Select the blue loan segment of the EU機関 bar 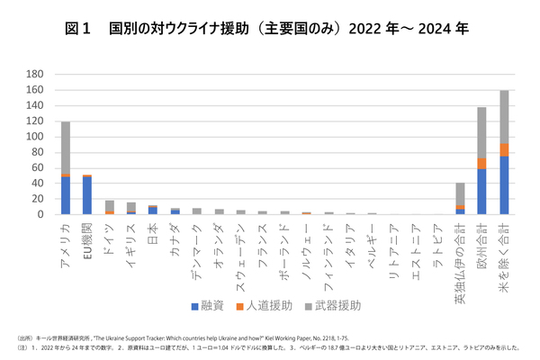coord(87,195)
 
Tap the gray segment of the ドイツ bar coord(110,205)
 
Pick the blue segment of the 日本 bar coord(154,211)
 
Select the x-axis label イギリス coord(131,241)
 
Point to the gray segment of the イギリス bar coord(131,207)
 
